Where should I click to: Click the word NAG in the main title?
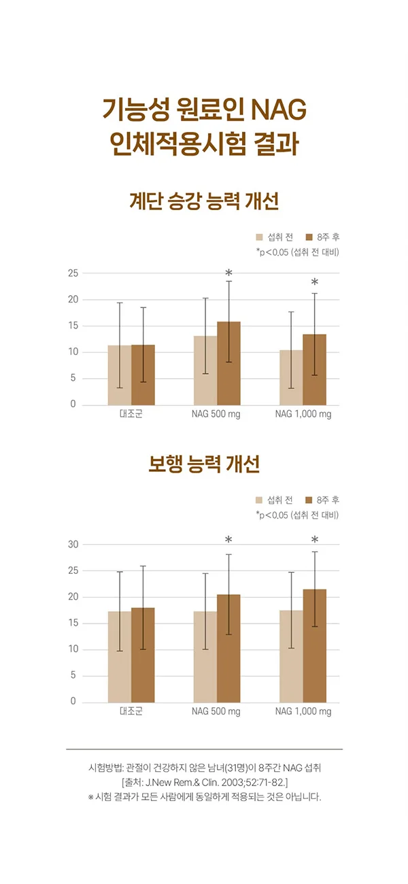coord(279,109)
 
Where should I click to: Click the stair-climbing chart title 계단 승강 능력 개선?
coord(204,202)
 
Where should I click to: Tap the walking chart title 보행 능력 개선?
coord(204,465)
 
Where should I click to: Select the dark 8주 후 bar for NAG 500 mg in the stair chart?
coord(228,364)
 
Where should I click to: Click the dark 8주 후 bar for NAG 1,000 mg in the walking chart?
coord(314,646)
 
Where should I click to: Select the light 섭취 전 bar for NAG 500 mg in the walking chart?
coord(205,657)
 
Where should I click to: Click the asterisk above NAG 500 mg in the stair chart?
coord(228,273)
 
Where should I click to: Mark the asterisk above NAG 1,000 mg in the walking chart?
coord(314,539)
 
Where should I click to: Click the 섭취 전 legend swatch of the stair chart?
coord(259,237)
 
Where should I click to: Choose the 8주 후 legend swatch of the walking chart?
coord(308,500)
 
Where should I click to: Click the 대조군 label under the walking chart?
coord(131,712)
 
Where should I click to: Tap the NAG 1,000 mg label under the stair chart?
coord(303,414)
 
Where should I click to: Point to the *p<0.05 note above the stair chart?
coord(297,252)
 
